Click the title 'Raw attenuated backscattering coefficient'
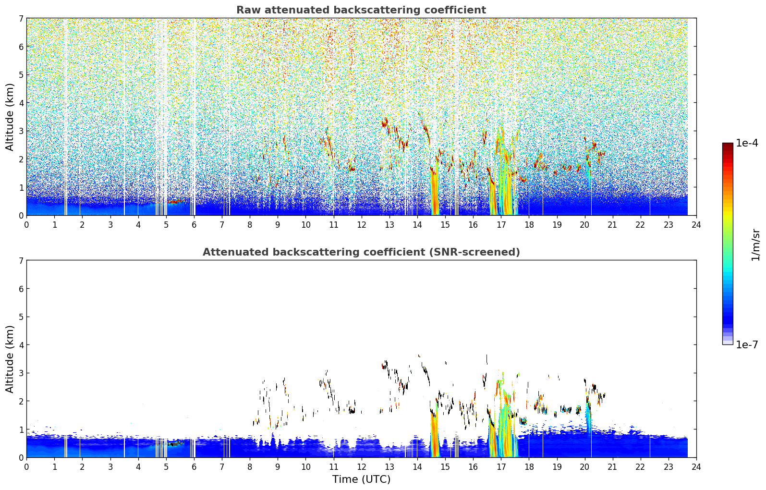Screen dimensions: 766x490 coord(361,10)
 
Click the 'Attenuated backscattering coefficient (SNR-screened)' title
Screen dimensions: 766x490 coord(361,252)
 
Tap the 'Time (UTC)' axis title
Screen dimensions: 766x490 coord(361,479)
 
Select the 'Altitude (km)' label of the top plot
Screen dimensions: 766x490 coord(10,117)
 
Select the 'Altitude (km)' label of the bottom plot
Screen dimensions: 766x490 coord(10,359)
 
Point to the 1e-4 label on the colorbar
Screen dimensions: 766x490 coord(747,143)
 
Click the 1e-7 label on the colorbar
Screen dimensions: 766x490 coord(747,344)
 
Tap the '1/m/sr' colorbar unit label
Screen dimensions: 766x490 coord(755,245)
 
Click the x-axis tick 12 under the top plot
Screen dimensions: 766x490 coord(362,225)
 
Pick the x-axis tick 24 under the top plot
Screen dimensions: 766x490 coord(696,225)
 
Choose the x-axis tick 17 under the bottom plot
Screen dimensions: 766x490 coord(501,467)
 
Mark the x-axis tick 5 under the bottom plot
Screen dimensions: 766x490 coord(166,467)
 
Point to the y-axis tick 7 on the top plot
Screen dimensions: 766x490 coord(21,18)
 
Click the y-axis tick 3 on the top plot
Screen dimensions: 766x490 coord(21,131)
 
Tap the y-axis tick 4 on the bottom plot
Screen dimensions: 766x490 coord(21,345)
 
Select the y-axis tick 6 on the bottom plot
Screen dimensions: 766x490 coord(21,289)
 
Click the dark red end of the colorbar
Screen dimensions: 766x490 coord(728,145)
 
